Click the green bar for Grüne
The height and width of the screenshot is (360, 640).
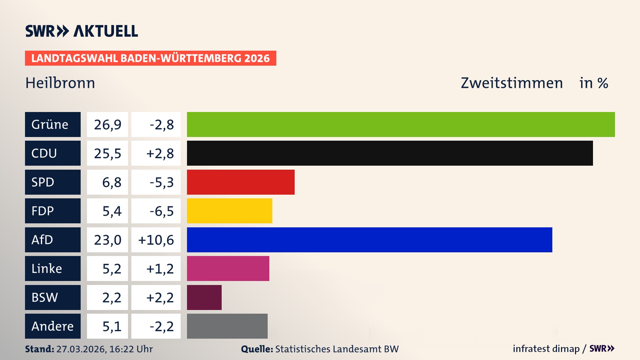401,124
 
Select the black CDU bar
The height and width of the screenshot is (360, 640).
390,153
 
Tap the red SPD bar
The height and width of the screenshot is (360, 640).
241,182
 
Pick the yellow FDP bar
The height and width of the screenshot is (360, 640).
229,211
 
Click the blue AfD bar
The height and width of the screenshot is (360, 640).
369,240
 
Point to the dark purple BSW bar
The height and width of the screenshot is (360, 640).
204,297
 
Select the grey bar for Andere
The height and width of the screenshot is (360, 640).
227,326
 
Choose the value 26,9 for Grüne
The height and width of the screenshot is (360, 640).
107,125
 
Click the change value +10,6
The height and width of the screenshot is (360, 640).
156,240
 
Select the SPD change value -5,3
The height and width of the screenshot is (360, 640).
161,182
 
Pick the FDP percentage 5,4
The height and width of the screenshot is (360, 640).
112,211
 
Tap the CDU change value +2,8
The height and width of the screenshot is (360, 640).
160,153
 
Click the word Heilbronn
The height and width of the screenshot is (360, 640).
60,83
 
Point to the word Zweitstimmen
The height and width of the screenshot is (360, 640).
512,83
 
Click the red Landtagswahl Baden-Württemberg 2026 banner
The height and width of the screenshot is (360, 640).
150,58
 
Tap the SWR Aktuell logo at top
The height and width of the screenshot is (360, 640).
82,31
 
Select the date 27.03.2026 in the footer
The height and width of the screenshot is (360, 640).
81,349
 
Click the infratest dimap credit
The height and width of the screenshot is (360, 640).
546,349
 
